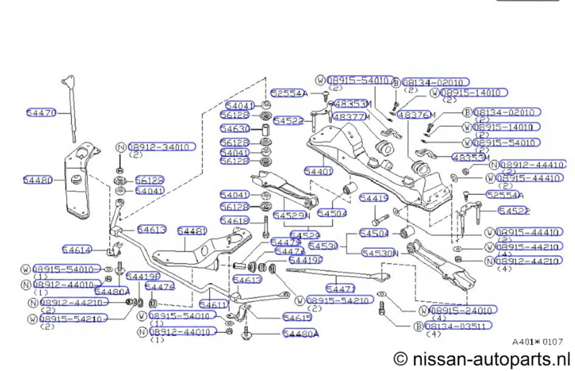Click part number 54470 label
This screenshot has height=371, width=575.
click(40, 113)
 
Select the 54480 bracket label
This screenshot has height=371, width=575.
click(37, 180)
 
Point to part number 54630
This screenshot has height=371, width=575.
click(235, 129)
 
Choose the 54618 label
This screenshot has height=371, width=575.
click(235, 220)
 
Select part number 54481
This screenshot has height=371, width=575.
click(192, 231)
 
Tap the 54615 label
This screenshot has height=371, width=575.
click(298, 316)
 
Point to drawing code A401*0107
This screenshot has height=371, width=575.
click(538, 342)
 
